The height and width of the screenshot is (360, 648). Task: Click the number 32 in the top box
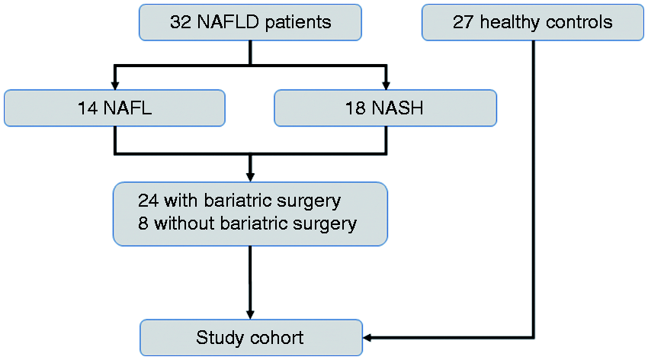point(181,22)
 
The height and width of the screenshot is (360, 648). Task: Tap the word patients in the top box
point(298,23)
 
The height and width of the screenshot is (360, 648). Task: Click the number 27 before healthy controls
point(464,22)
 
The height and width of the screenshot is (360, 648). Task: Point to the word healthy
point(509,23)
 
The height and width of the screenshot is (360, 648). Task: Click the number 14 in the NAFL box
point(88,108)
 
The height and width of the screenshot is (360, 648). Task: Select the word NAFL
point(128,108)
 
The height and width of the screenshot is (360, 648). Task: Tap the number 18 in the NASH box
point(355,108)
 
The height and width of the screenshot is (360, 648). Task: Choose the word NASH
point(397,108)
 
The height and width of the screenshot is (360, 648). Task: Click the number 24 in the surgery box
point(149,201)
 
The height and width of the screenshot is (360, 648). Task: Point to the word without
point(184,223)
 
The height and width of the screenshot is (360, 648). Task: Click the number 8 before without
point(143,223)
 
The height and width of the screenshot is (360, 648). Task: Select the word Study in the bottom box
point(220,338)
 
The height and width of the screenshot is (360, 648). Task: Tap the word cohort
point(277,338)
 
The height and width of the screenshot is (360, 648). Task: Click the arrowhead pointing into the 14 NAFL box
point(115,85)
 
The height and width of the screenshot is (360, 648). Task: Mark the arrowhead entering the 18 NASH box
point(386,85)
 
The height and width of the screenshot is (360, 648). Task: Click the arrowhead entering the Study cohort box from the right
point(367,338)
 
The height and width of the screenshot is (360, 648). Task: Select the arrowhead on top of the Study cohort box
point(250,315)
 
